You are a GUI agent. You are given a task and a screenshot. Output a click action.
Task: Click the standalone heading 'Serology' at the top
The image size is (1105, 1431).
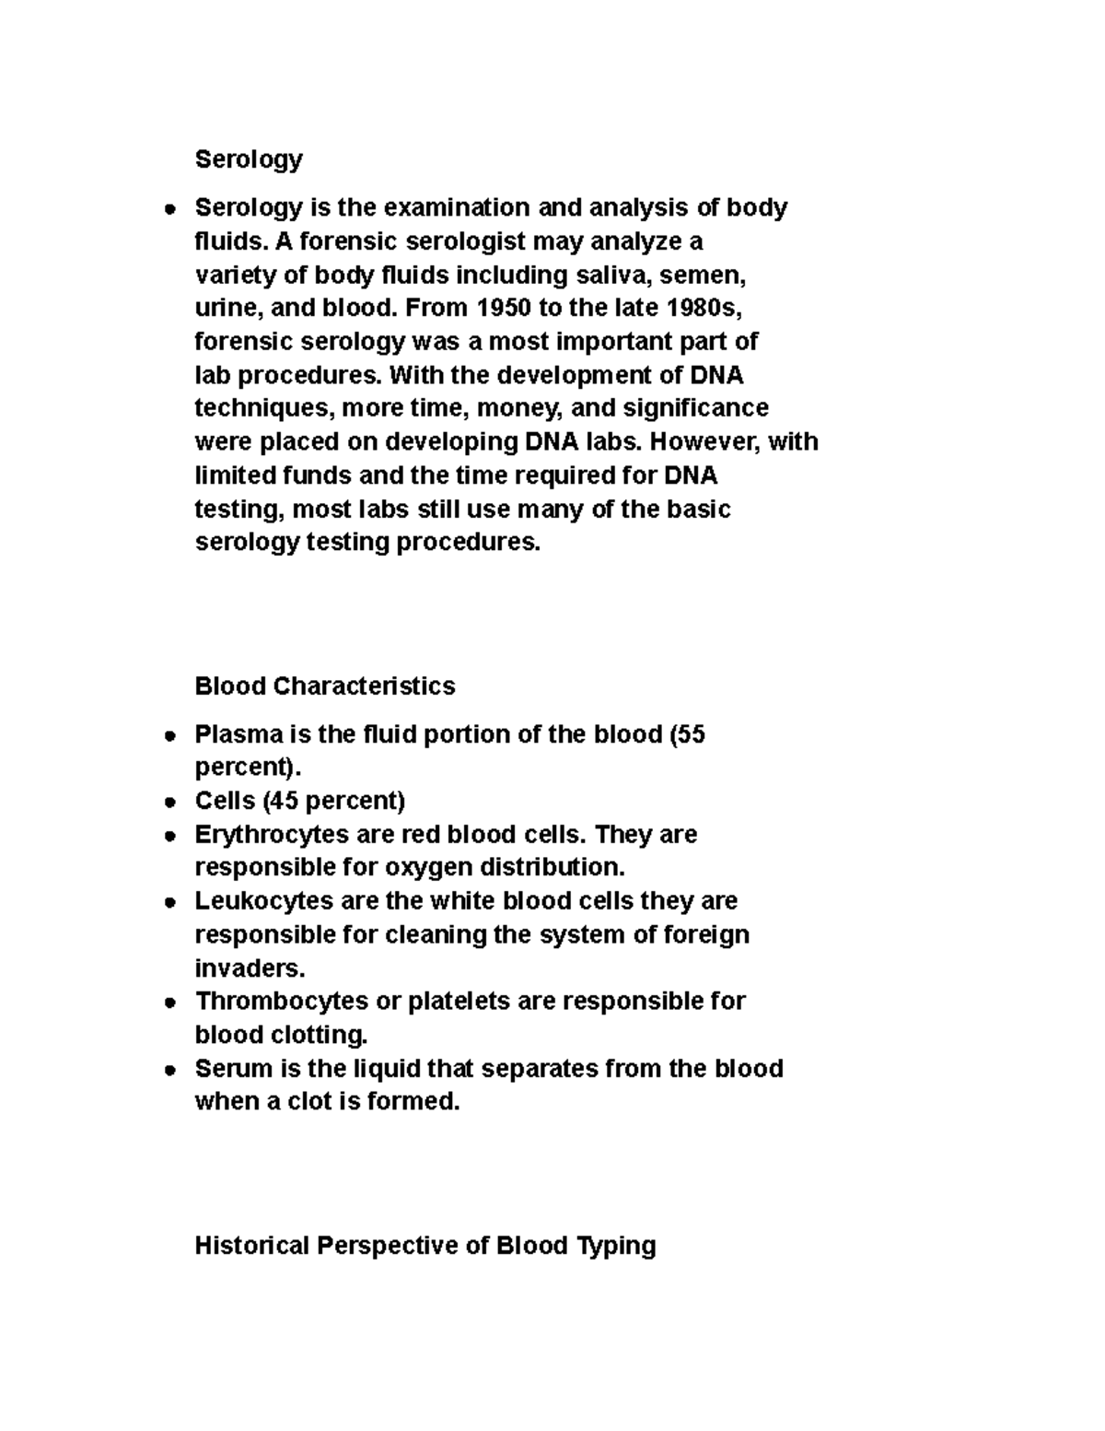pos(249,159)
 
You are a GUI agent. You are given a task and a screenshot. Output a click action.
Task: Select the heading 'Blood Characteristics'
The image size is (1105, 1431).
pos(325,686)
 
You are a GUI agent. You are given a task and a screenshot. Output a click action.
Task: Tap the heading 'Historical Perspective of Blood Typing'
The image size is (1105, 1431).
pos(425,1246)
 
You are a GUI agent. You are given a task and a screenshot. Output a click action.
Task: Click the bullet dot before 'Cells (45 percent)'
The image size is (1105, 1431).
pos(169,803)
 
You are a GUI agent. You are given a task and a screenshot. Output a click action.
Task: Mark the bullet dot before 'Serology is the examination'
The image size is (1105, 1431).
pos(169,209)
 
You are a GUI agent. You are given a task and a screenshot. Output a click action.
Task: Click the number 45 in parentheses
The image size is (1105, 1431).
pos(284,801)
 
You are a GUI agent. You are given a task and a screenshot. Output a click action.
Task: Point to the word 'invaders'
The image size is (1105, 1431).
pos(247,968)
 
